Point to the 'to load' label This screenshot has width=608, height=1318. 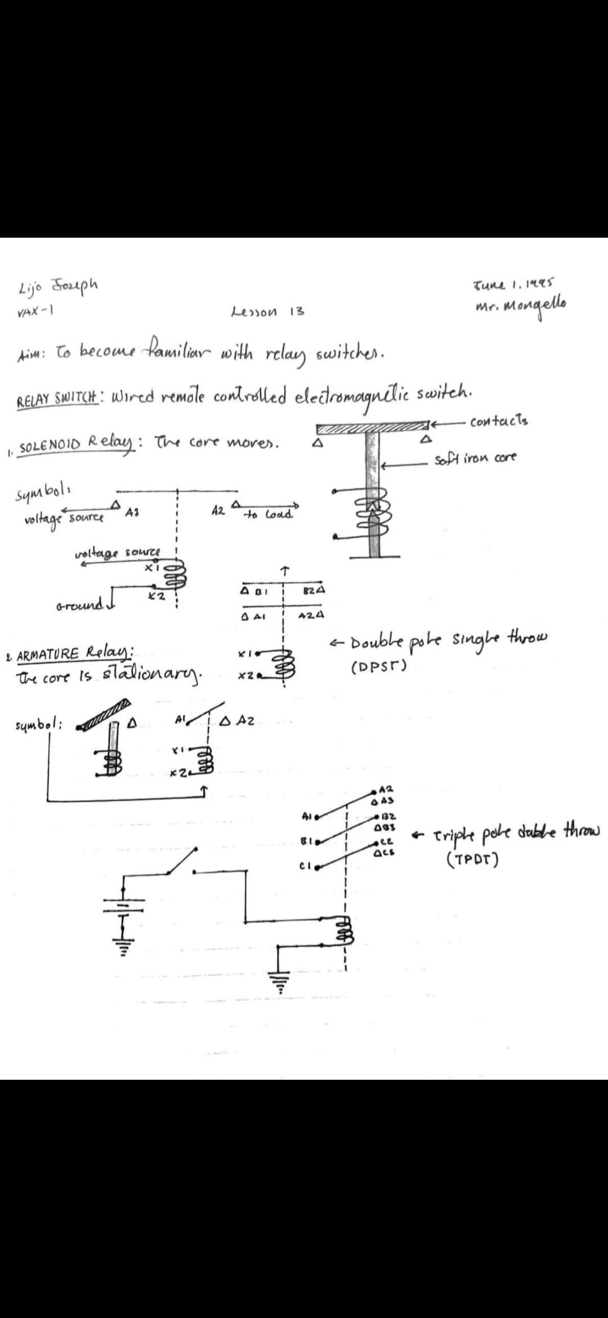[267, 514]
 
